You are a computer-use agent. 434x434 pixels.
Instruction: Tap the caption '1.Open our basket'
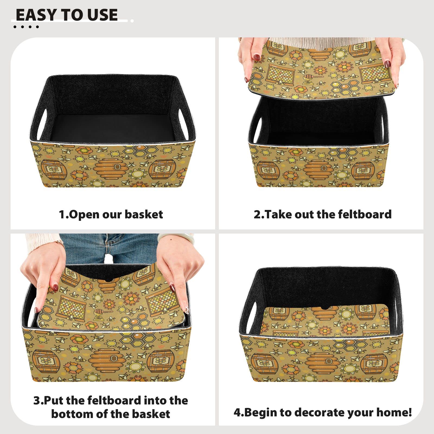point(111,214)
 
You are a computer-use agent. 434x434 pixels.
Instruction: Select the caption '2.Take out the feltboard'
point(323,214)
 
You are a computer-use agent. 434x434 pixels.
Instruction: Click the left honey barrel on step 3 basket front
point(46,361)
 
